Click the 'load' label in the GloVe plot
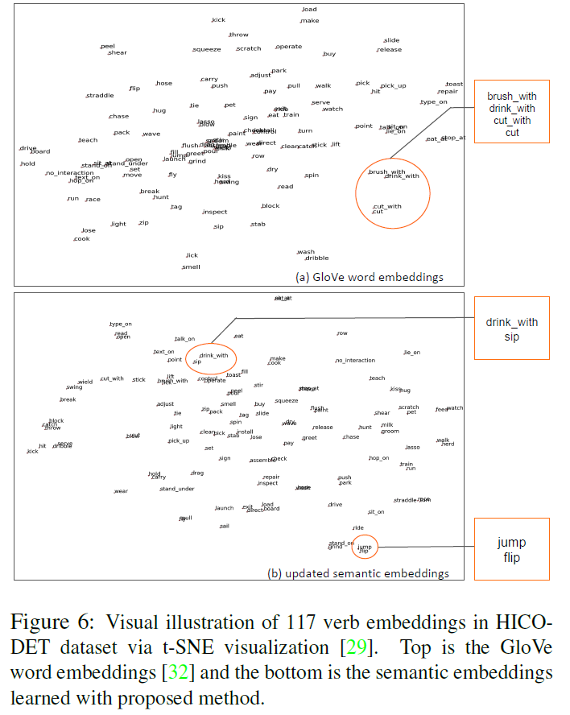point(309,10)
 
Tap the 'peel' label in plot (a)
point(108,46)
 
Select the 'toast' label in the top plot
point(454,84)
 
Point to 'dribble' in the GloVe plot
point(316,258)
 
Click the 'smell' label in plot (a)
point(191,267)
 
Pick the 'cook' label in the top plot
point(82,238)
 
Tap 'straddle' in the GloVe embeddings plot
point(100,96)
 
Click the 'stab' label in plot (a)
point(258,224)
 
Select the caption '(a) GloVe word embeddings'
point(370,277)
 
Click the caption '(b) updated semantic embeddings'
point(357,573)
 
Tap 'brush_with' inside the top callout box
point(511,96)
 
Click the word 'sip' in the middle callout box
point(511,337)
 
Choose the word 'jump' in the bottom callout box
point(511,543)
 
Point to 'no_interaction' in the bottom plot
point(355,360)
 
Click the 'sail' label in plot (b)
point(224,526)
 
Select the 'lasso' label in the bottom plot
point(412,447)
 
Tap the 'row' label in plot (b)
point(342,333)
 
